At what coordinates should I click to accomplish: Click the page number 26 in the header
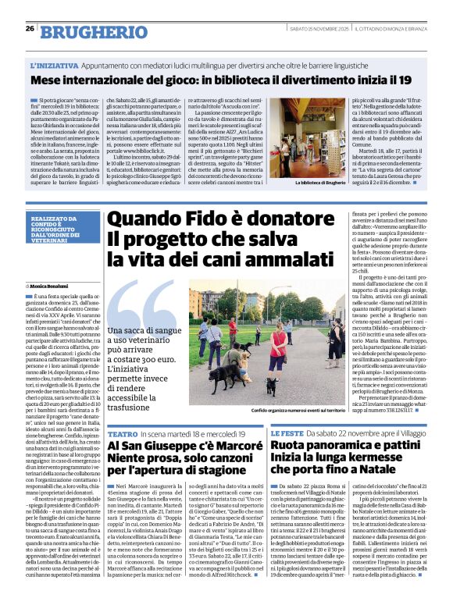(30, 29)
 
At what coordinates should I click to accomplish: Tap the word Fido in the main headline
(181, 220)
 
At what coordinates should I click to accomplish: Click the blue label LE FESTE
(287, 432)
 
